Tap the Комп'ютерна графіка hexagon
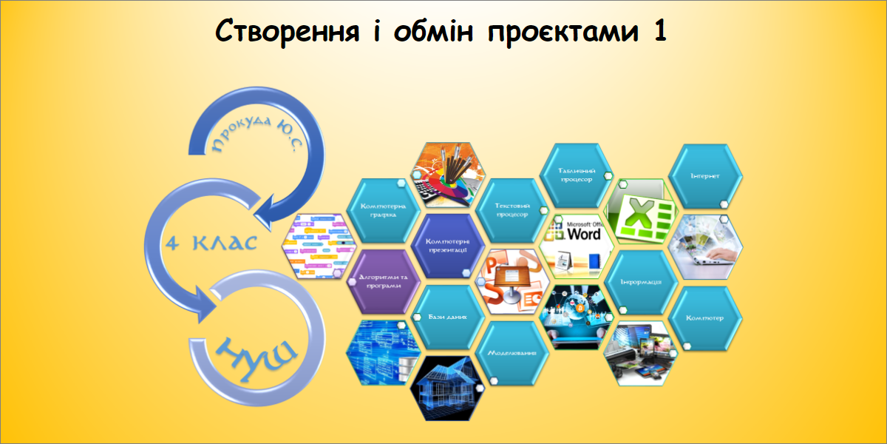pyautogui.click(x=383, y=210)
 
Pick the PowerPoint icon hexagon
pyautogui.click(x=512, y=282)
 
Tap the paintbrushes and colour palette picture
pyautogui.click(x=446, y=175)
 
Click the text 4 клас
pyautogui.click(x=211, y=243)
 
